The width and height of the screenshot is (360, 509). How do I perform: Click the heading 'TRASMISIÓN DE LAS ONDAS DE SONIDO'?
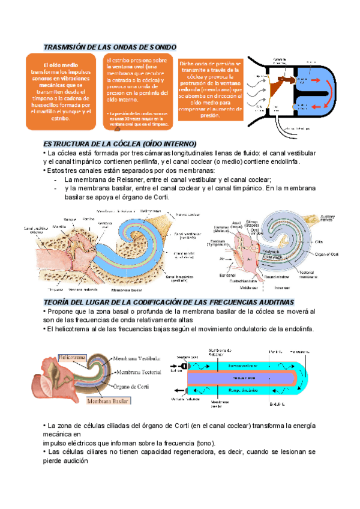110,47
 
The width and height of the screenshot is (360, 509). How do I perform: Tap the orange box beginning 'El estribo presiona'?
138,92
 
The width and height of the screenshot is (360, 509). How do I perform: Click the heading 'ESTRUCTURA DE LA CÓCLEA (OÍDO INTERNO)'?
120,144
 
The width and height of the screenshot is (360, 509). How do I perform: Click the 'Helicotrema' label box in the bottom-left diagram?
72,357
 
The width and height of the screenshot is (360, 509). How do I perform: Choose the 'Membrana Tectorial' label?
139,372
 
